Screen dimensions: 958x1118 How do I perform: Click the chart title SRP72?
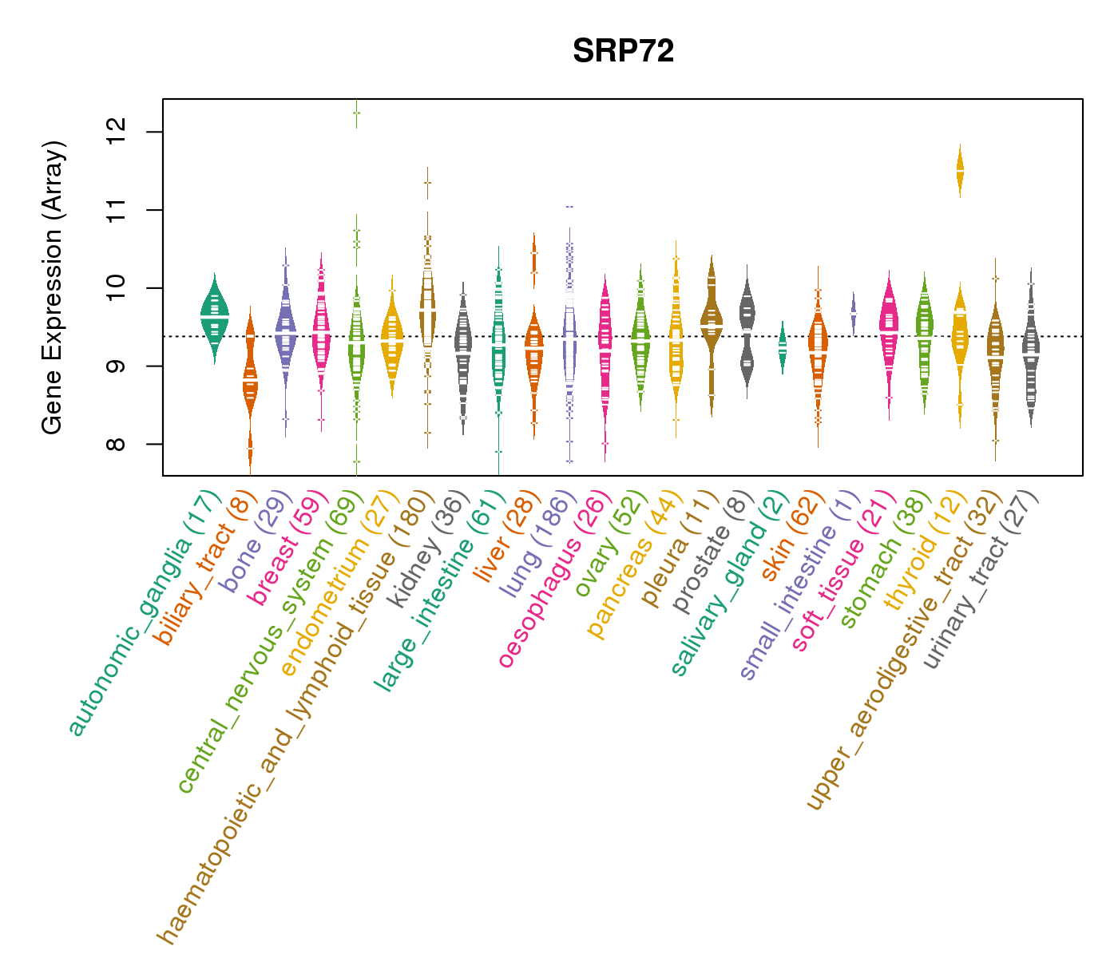623,51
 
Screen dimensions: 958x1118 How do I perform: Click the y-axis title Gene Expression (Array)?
52,287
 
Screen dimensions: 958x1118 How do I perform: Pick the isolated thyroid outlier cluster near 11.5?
960,171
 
